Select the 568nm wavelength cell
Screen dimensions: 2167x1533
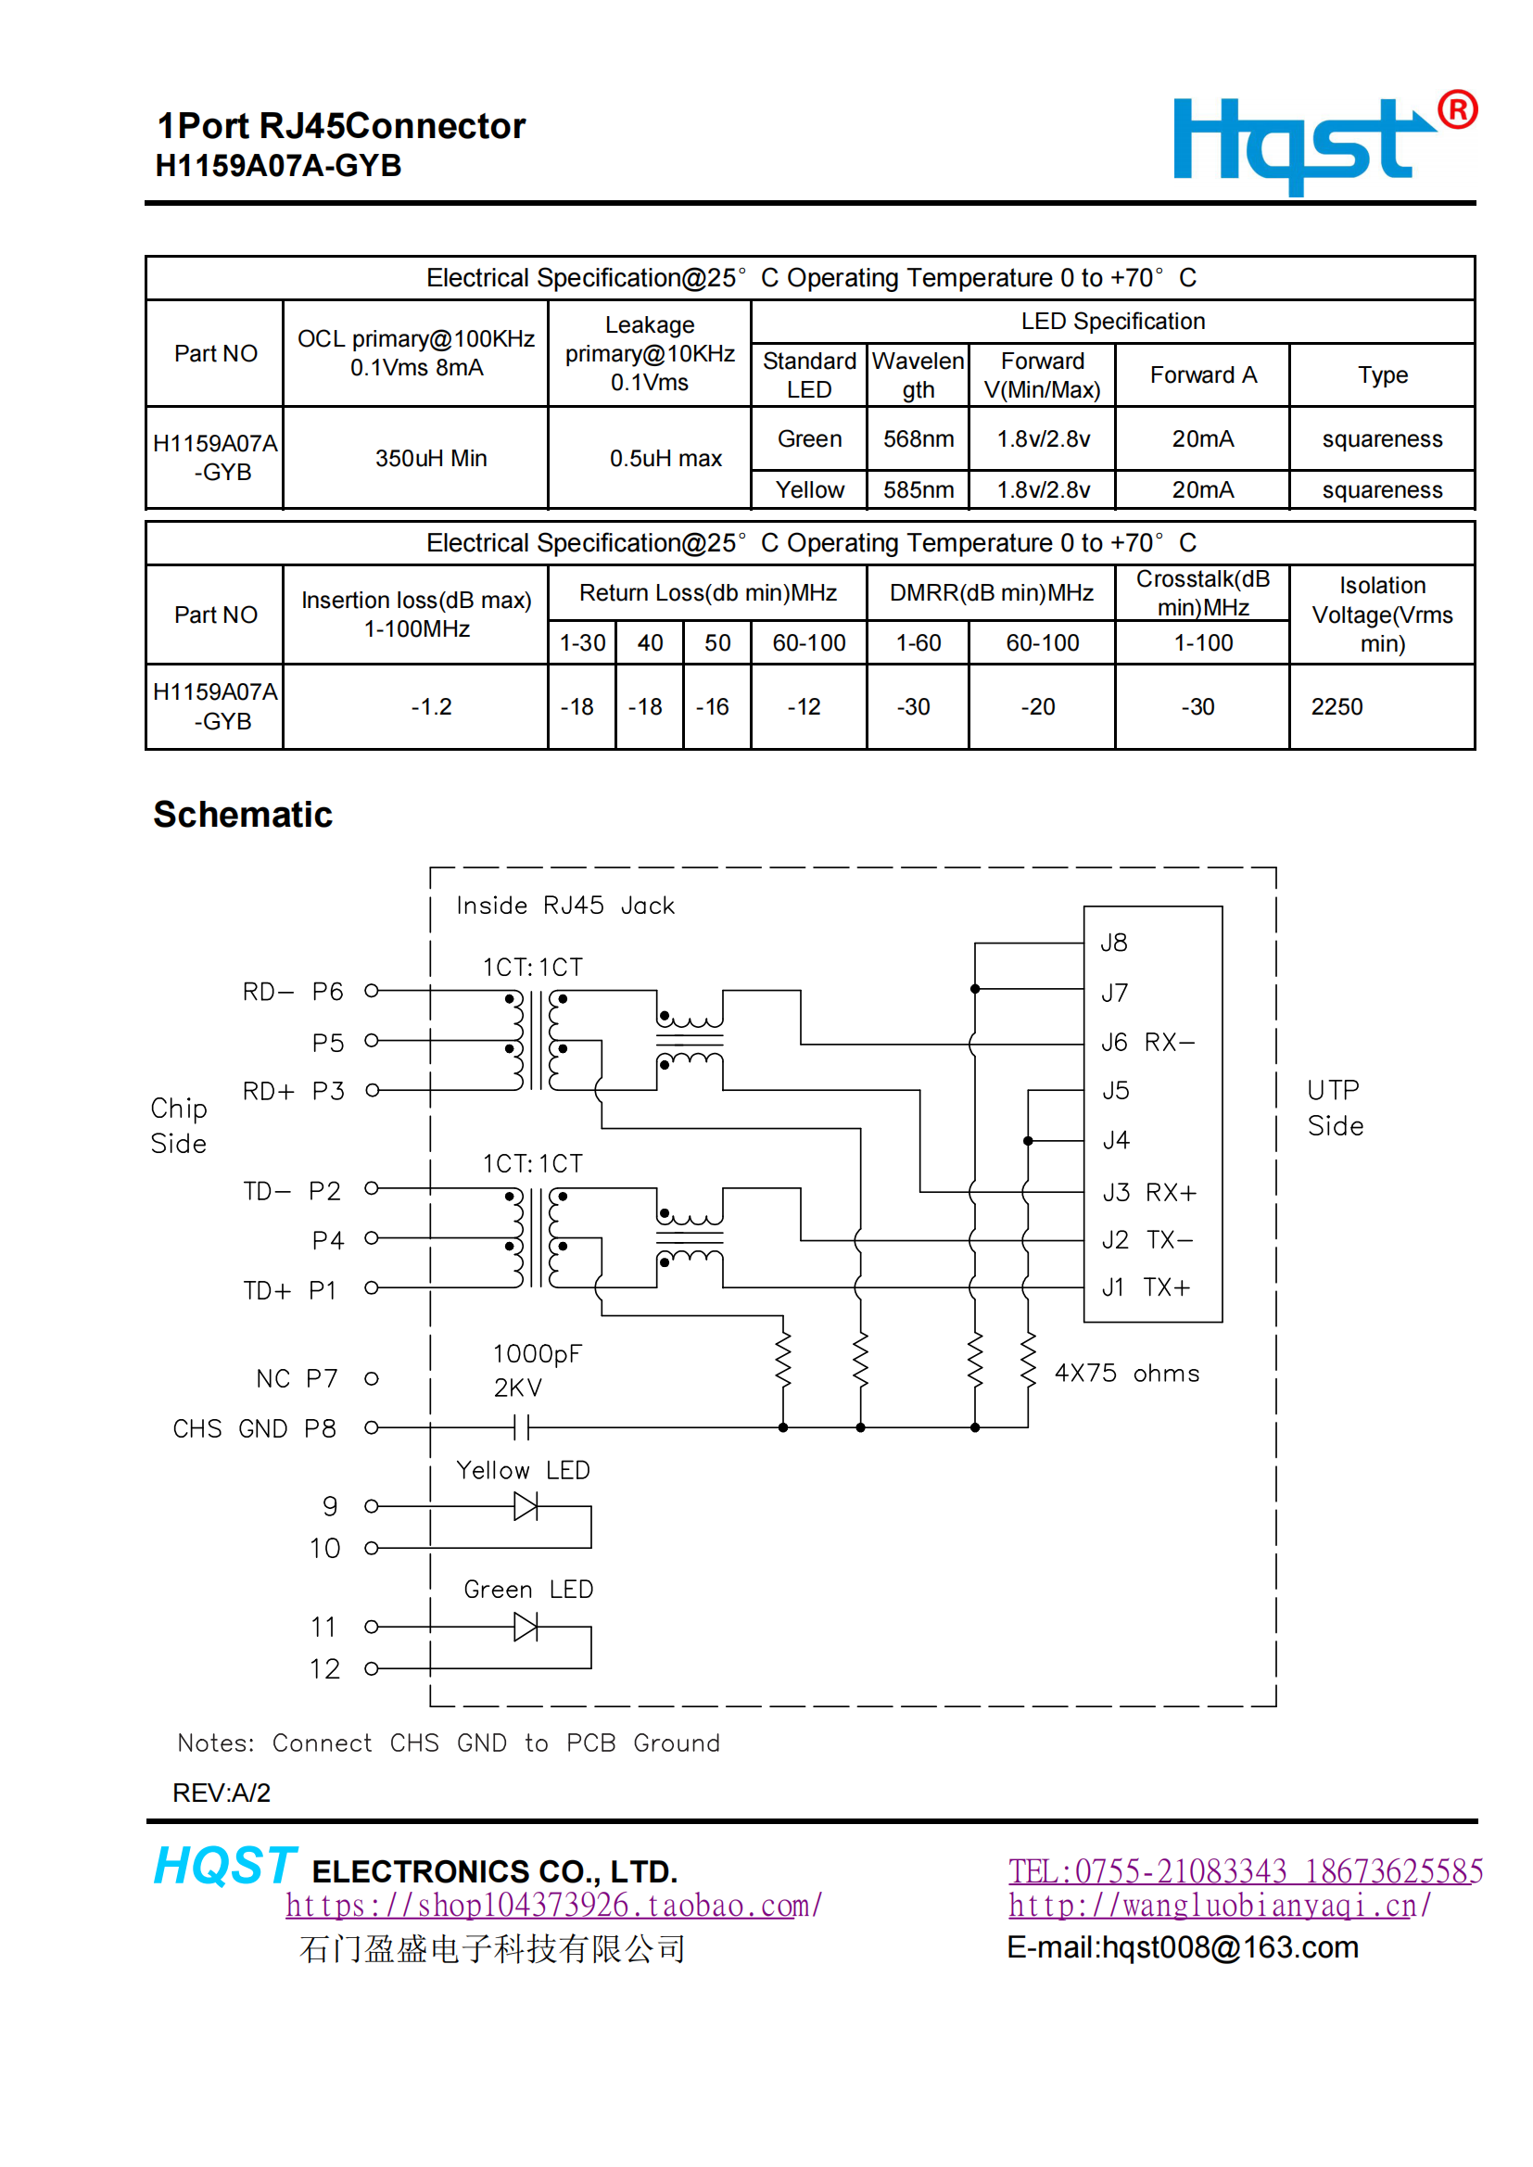pyautogui.click(x=918, y=439)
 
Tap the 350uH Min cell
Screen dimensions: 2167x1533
pyautogui.click(x=430, y=459)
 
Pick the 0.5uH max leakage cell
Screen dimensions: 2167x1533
pyautogui.click(x=665, y=459)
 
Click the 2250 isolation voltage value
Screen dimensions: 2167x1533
pyautogui.click(x=1336, y=707)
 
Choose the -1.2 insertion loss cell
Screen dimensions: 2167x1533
pyautogui.click(x=430, y=707)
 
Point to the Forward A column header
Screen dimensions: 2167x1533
pyautogui.click(x=1203, y=375)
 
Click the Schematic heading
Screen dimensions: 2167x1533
pyautogui.click(x=243, y=815)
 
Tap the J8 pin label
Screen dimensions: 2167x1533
pyautogui.click(x=1114, y=943)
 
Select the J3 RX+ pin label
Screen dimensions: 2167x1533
pyautogui.click(x=1148, y=1193)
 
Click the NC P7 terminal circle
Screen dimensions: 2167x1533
pyautogui.click(x=372, y=1379)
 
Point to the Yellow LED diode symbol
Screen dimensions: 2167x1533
pyautogui.click(x=526, y=1506)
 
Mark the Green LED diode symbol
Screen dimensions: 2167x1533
pyautogui.click(x=526, y=1628)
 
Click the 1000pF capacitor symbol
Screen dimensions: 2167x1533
pyautogui.click(x=522, y=1427)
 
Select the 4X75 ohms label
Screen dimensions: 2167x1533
pyautogui.click(x=1126, y=1374)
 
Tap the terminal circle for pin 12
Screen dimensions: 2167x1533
pyautogui.click(x=372, y=1668)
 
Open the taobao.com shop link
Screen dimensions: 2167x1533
pyautogui.click(x=554, y=1906)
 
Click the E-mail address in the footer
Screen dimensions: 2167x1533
pyautogui.click(x=1182, y=1947)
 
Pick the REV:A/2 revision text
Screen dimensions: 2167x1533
pyautogui.click(x=222, y=1793)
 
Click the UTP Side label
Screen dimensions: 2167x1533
pyautogui.click(x=1335, y=1108)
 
